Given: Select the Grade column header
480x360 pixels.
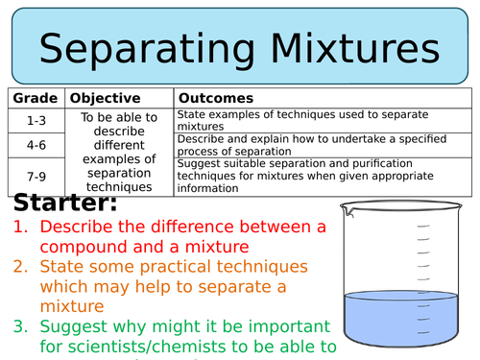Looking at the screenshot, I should (x=35, y=98).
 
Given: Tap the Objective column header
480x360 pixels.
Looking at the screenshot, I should (x=106, y=98).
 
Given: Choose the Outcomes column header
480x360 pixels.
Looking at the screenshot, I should (x=216, y=98).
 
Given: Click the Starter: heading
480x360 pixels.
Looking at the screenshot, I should (x=65, y=204).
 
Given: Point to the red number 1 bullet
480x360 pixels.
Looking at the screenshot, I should (x=19, y=228).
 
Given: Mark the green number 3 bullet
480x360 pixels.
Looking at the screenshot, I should (x=19, y=326).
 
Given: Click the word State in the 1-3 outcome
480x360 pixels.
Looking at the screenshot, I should (x=192, y=114).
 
